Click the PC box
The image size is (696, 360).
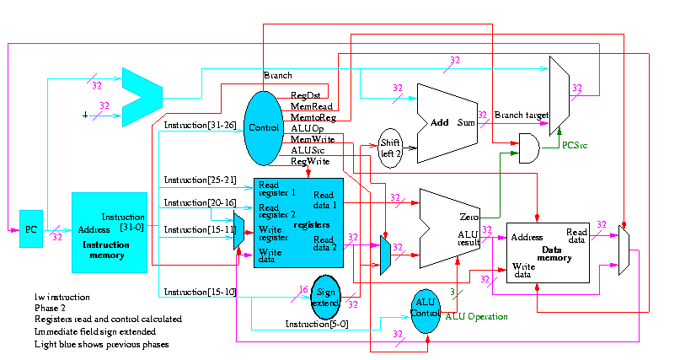[30, 229]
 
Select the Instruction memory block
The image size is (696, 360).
[110, 232]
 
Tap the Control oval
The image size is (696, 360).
[265, 128]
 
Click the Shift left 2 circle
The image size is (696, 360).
[389, 148]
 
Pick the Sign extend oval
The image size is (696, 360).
[324, 297]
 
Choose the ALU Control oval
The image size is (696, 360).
[426, 310]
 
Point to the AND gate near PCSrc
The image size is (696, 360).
[529, 148]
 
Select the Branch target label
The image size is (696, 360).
[521, 115]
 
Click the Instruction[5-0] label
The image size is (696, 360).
[313, 325]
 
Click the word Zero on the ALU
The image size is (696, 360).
[469, 218]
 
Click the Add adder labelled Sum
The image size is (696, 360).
[451, 122]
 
